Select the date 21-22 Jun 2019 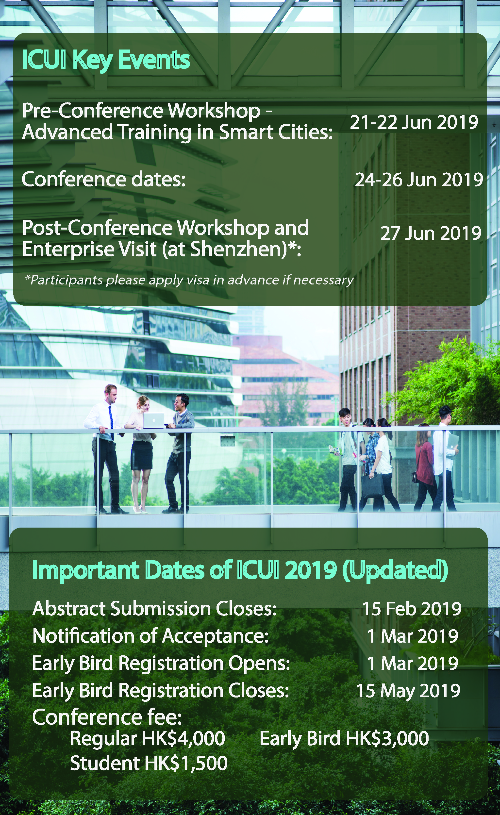414,122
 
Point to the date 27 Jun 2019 431,233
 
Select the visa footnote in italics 189,280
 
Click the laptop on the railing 153,420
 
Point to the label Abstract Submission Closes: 154,609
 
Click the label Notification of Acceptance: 151,636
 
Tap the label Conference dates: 103,180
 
